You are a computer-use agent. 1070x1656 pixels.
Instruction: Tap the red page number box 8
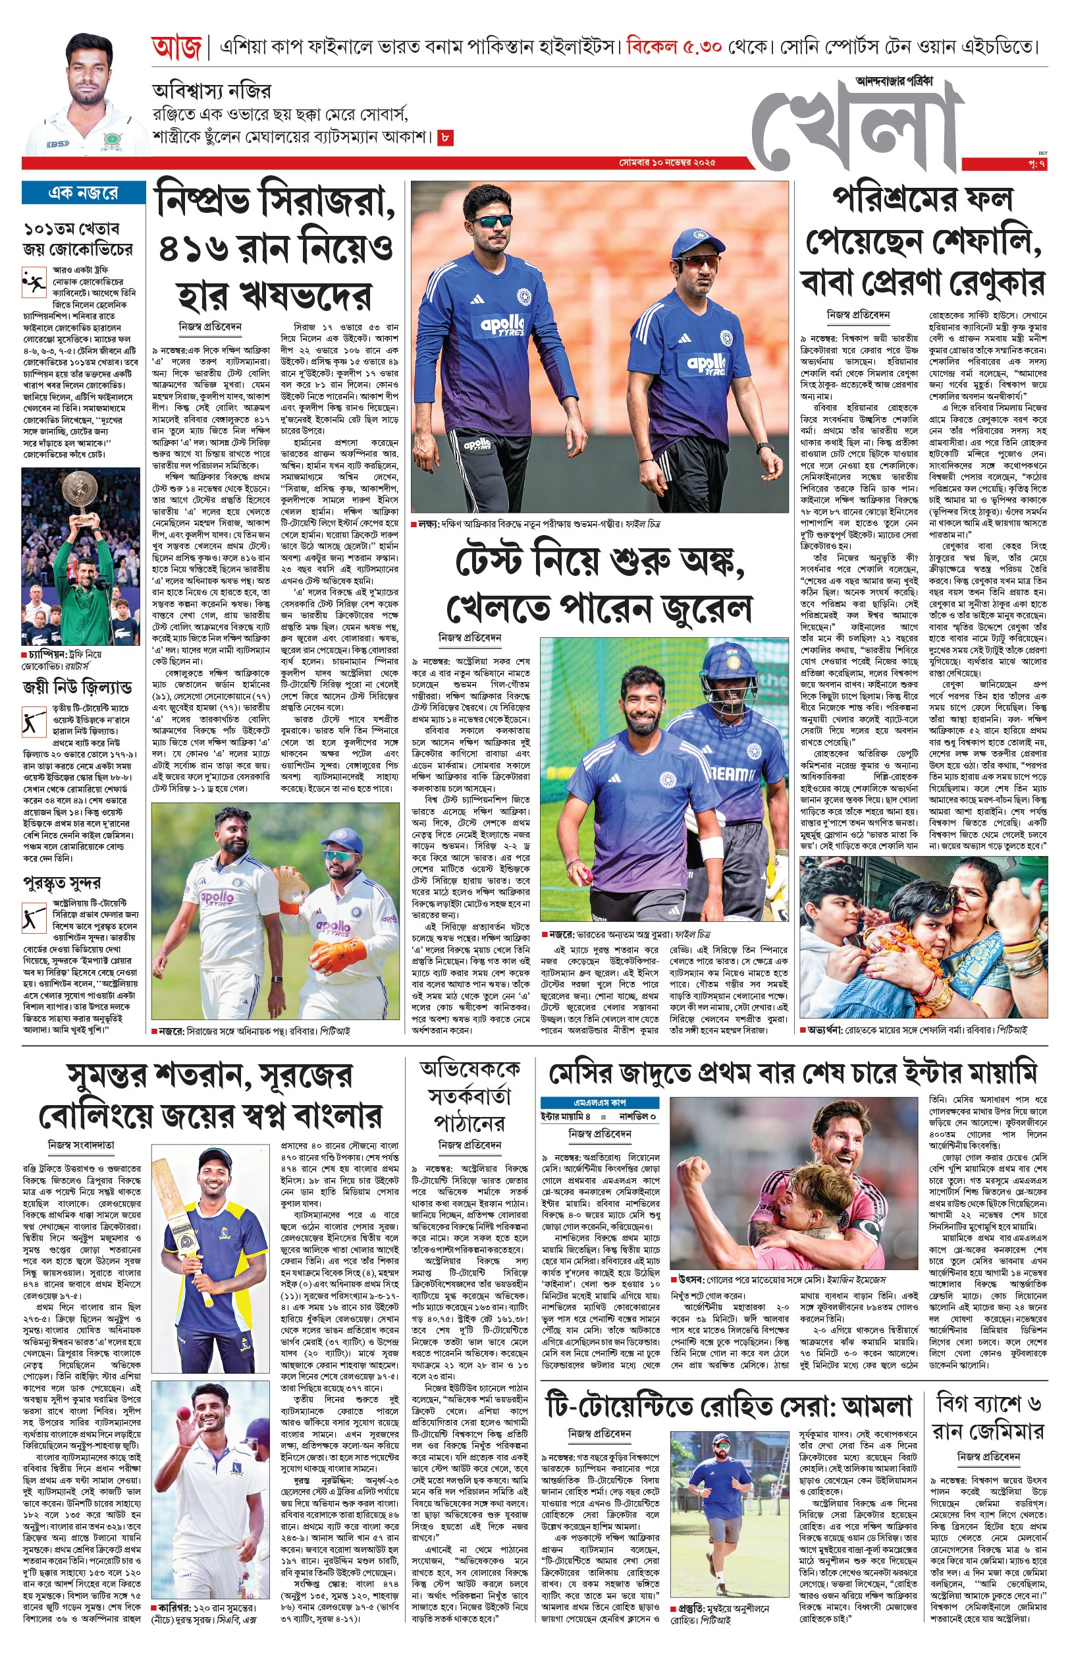pyautogui.click(x=445, y=138)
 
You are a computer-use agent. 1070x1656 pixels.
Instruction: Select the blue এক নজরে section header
pyautogui.click(x=84, y=192)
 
